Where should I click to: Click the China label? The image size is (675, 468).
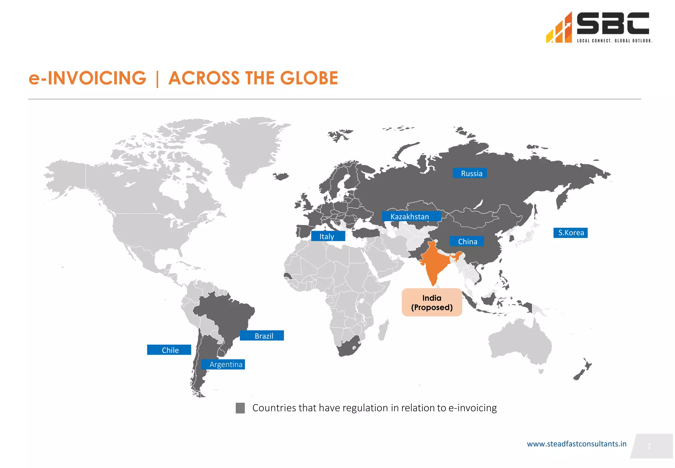tap(467, 241)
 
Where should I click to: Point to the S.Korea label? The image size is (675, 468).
tap(570, 233)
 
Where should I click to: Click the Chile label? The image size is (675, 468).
tap(169, 350)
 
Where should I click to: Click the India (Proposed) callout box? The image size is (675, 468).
tap(431, 302)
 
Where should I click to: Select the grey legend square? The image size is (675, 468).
tap(240, 408)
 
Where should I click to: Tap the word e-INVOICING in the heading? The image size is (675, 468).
tap(87, 78)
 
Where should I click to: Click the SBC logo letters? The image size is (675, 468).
tap(613, 24)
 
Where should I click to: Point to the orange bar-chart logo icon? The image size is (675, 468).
tap(559, 30)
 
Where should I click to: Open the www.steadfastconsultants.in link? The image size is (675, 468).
tap(576, 444)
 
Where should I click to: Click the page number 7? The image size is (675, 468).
tap(649, 446)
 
